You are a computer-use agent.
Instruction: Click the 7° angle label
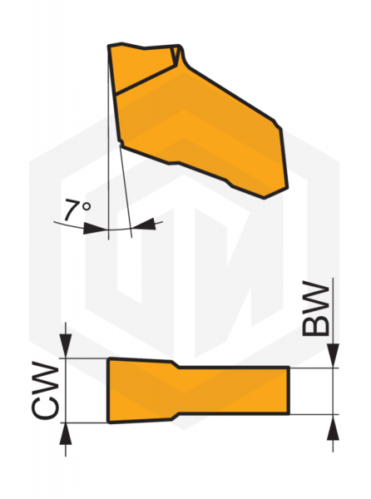(x=77, y=210)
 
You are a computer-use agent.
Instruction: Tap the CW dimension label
(x=45, y=390)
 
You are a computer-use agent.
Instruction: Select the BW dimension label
(x=315, y=309)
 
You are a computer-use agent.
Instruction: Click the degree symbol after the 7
(x=86, y=206)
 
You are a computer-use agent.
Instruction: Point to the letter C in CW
(x=45, y=407)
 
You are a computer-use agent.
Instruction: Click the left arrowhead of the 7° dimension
(x=95, y=228)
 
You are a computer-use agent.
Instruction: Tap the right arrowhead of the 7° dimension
(x=144, y=224)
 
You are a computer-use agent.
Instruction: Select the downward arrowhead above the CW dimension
(x=65, y=345)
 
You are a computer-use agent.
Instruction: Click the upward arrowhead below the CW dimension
(x=66, y=434)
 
